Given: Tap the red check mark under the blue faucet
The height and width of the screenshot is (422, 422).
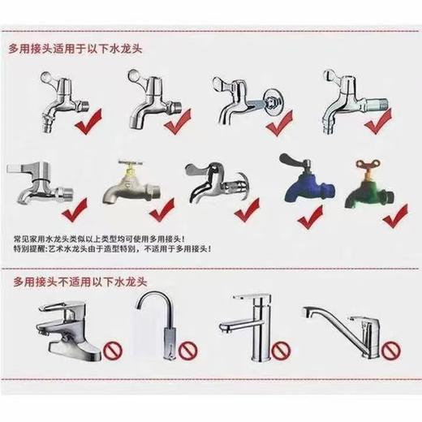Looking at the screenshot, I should (x=308, y=217).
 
